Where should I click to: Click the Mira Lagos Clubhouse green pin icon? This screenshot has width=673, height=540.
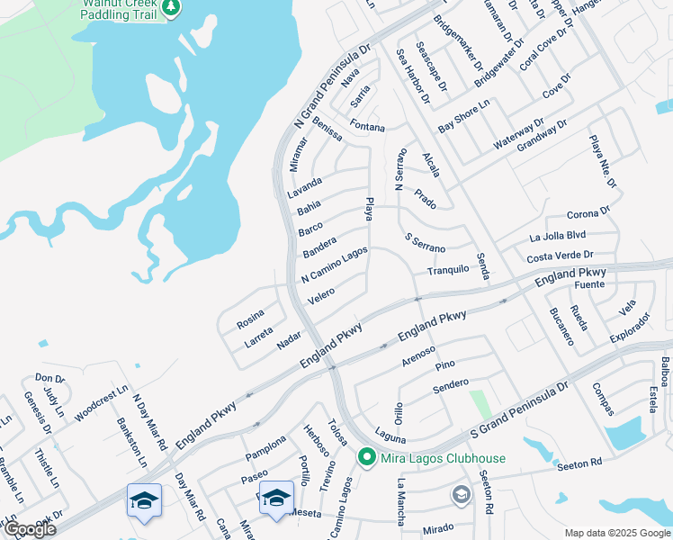pyautogui.click(x=367, y=458)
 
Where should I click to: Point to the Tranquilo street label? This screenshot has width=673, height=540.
pyautogui.click(x=448, y=270)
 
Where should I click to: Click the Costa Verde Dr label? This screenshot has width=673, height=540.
pyautogui.click(x=561, y=256)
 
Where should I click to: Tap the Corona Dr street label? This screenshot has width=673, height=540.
pyautogui.click(x=588, y=214)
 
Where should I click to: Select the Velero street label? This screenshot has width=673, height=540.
pyautogui.click(x=321, y=294)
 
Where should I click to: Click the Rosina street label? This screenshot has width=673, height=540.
pyautogui.click(x=251, y=318)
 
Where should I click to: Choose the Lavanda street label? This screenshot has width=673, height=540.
pyautogui.click(x=304, y=193)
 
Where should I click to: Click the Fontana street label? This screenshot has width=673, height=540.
pyautogui.click(x=367, y=127)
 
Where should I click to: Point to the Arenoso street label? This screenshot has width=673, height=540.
pyautogui.click(x=418, y=353)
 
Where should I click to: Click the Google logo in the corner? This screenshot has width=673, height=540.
pyautogui.click(x=30, y=530)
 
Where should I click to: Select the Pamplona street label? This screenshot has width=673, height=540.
pyautogui.click(x=265, y=446)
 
